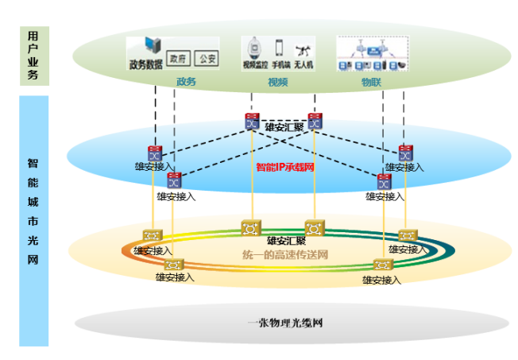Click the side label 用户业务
point(33,56)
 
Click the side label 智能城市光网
point(33,211)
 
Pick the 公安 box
point(207,60)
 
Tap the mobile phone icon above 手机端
point(279,47)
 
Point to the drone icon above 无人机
point(302,48)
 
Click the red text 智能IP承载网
point(286,168)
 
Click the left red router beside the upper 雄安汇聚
point(252,121)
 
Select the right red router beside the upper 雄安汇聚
point(315,121)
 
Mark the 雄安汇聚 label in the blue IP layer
point(284,127)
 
